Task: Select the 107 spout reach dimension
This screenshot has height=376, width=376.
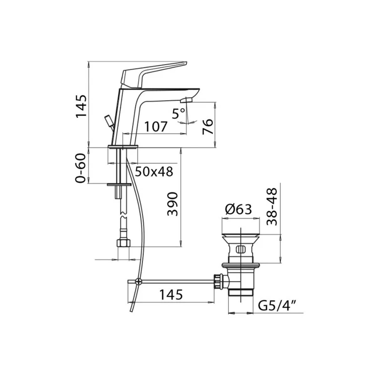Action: point(156,127)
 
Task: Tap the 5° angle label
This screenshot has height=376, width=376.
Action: point(179,113)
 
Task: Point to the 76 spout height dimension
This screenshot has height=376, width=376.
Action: point(208,126)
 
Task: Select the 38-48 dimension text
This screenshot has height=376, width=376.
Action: point(271,206)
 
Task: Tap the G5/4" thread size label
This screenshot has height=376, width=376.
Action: point(278,305)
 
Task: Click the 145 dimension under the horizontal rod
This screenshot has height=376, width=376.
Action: point(171,295)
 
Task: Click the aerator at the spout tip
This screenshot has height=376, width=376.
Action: point(186,100)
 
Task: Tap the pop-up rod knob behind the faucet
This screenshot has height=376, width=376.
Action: point(108,121)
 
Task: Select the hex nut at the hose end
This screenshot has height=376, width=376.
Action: point(123,244)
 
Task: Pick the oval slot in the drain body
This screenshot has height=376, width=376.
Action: point(240,250)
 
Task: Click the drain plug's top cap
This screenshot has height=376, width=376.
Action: point(240,234)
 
